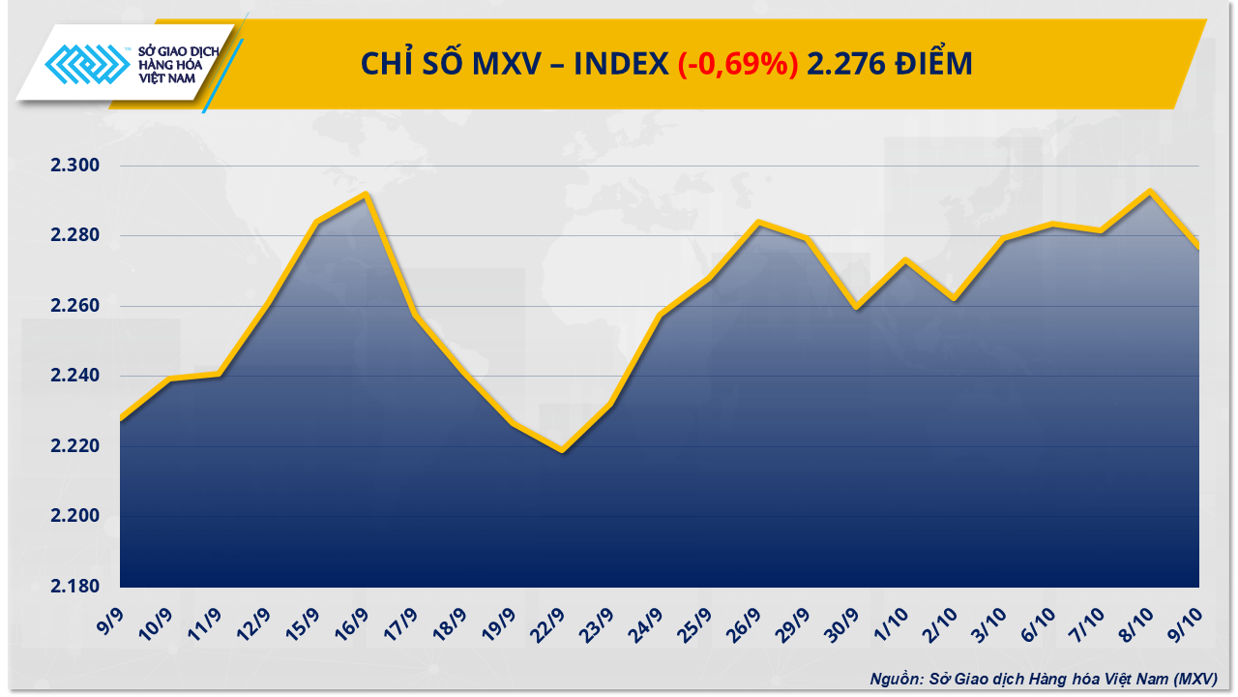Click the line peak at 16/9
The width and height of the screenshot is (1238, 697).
pyautogui.click(x=366, y=195)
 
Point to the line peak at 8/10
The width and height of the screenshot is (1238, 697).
pyautogui.click(x=1150, y=192)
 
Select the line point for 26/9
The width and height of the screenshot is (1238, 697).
pyautogui.click(x=758, y=223)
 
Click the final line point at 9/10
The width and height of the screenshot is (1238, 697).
pyautogui.click(x=1199, y=248)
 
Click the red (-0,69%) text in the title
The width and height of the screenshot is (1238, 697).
pyautogui.click(x=737, y=64)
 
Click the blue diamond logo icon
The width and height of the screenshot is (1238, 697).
pyautogui.click(x=88, y=67)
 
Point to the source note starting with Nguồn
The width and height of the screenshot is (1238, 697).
pyautogui.click(x=1043, y=679)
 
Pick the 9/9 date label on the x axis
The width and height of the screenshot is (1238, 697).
pyautogui.click(x=109, y=618)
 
